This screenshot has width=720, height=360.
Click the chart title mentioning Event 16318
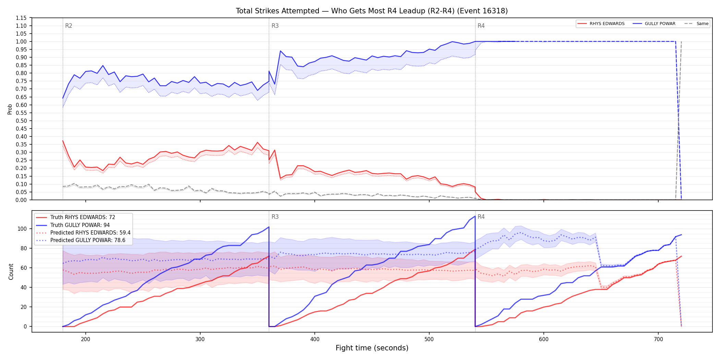click(x=372, y=11)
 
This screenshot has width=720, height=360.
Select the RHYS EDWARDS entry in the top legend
click(x=601, y=24)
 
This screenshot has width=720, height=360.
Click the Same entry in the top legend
click(x=696, y=24)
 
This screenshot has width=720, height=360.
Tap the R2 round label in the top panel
click(x=69, y=26)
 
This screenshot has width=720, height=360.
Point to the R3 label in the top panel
click(x=275, y=26)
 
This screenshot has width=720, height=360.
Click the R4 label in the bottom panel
click(x=481, y=217)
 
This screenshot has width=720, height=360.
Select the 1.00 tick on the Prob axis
click(x=21, y=41)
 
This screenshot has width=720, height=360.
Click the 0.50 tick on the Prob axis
click(x=21, y=121)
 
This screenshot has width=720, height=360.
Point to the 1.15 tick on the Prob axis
click(x=21, y=18)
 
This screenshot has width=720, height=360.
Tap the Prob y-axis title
click(x=10, y=109)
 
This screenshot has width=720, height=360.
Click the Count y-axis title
click(x=11, y=272)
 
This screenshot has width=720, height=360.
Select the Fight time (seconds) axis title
click(x=372, y=348)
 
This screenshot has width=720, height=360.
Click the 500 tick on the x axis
click(x=429, y=339)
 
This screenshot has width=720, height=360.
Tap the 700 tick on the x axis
click(x=658, y=339)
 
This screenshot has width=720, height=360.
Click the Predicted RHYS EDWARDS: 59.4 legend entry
click(x=83, y=232)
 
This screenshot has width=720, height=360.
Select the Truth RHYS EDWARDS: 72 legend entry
click(x=76, y=217)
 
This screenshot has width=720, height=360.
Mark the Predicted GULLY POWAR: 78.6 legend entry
click(x=81, y=240)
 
